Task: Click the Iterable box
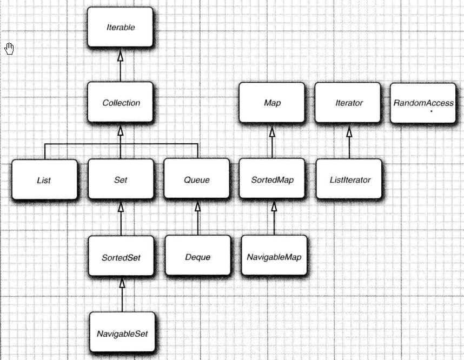tap(120, 27)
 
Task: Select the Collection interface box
tap(120, 102)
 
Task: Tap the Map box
tap(271, 102)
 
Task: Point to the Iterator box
tap(348, 102)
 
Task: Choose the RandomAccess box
tap(423, 103)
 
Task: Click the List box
tap(45, 179)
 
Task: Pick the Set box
tap(121, 179)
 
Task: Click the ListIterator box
tap(349, 179)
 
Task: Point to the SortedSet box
tap(121, 256)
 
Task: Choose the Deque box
tap(198, 255)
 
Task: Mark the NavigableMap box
tap(274, 255)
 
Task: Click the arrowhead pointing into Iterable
tap(120, 56)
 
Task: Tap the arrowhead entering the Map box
tap(272, 131)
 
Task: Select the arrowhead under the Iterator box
tap(349, 131)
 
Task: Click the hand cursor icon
tap(10, 49)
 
